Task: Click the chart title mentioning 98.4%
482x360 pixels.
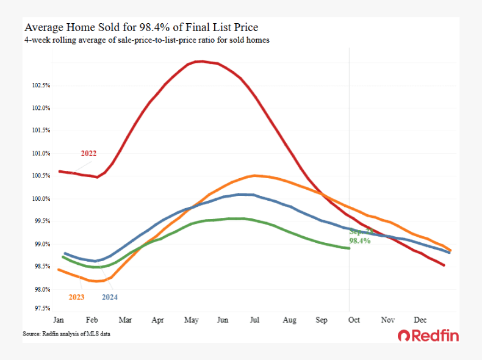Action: coord(140,27)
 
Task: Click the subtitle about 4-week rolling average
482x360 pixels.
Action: coord(146,40)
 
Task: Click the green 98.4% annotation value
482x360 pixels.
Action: coord(359,242)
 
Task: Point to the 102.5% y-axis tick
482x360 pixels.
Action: coord(41,85)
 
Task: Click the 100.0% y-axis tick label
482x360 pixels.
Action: coord(41,199)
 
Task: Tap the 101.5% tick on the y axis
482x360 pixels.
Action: coord(41,131)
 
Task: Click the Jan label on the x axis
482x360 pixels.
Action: coord(59,320)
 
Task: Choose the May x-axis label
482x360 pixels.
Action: coord(191,320)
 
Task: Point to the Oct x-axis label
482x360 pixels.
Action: coord(354,320)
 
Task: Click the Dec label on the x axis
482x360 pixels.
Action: coord(420,320)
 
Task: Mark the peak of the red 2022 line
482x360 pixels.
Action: coord(200,61)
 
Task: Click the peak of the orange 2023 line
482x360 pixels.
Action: coord(253,176)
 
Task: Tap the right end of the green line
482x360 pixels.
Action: coord(348,248)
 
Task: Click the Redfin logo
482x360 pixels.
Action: coord(428,336)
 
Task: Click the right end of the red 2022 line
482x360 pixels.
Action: coord(444,265)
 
